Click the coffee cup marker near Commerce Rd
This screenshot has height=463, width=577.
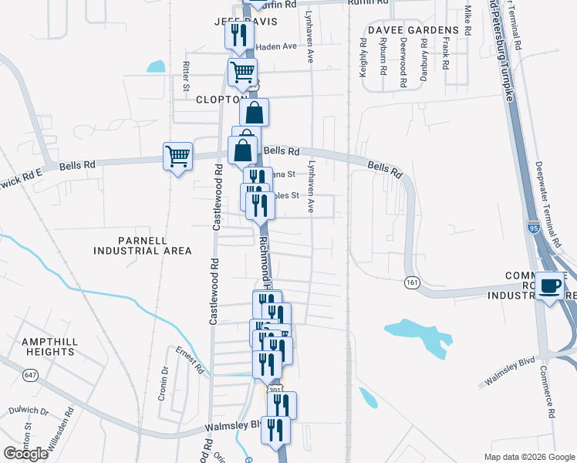click(x=550, y=286)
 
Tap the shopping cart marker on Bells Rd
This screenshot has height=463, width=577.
click(x=177, y=157)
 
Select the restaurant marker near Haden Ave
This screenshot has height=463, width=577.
click(x=238, y=35)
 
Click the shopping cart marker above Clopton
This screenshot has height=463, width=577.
click(x=242, y=73)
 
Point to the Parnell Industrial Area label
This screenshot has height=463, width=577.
click(x=142, y=245)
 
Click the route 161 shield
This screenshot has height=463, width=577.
click(x=412, y=284)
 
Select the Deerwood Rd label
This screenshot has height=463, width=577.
click(x=403, y=58)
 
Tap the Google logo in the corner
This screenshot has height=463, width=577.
click(x=25, y=454)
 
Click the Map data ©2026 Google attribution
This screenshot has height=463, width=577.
click(x=528, y=457)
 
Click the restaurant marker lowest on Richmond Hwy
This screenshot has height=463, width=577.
click(x=275, y=431)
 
